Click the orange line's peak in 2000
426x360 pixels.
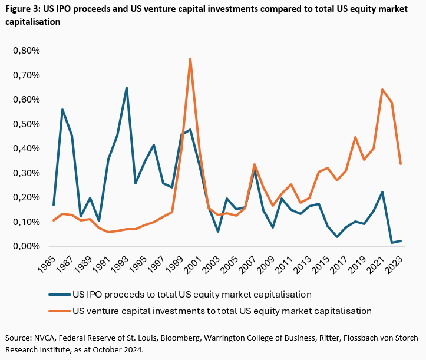[190, 58]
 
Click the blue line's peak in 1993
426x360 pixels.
[127, 88]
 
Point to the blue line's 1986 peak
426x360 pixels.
[62, 110]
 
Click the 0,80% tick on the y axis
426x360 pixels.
[26, 51]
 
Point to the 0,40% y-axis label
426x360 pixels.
[26, 148]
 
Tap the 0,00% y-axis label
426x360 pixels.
[26, 246]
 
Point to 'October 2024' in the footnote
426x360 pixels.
[115, 349]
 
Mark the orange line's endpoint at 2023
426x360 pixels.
[401, 164]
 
